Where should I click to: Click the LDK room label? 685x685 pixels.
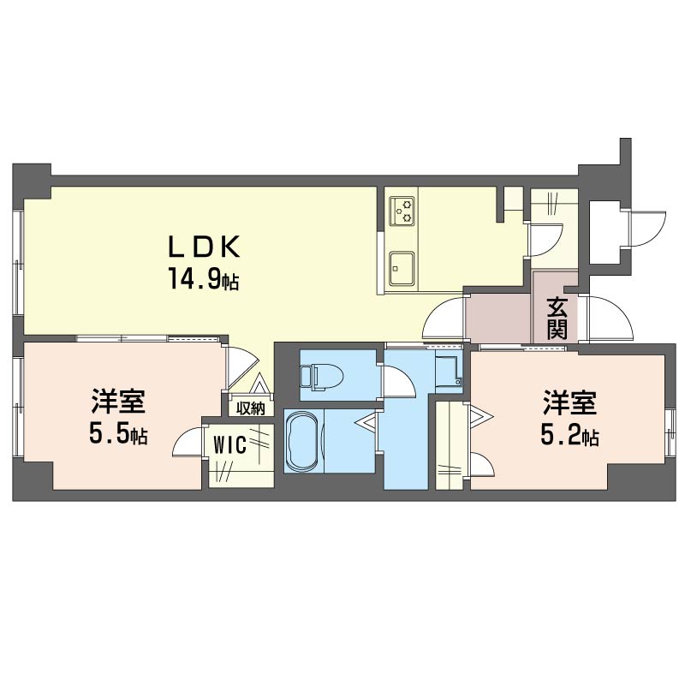click(x=205, y=247)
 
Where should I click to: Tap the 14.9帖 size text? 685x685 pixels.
click(x=204, y=280)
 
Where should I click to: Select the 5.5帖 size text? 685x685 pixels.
click(x=118, y=434)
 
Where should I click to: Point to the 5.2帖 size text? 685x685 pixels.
click(x=569, y=435)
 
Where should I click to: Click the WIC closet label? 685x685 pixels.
click(x=230, y=445)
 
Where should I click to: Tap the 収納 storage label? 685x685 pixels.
click(x=251, y=408)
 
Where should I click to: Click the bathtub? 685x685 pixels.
click(x=303, y=440)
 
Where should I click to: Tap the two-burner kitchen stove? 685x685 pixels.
click(x=402, y=211)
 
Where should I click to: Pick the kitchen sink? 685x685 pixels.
click(x=402, y=269)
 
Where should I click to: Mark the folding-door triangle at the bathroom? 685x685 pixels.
click(x=366, y=423)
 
